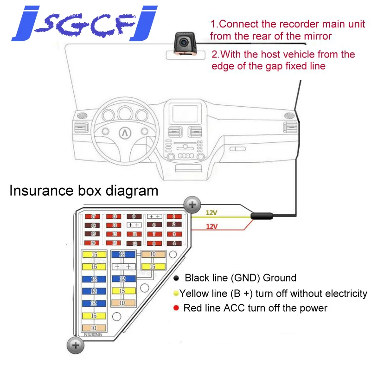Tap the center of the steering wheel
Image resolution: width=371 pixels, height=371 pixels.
(125, 132)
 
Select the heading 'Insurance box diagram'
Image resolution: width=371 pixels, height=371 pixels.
(84, 191)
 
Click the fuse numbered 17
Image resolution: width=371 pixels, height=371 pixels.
(93, 217)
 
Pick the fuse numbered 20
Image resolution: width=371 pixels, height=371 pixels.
(93, 243)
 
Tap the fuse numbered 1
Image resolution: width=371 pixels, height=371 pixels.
(174, 217)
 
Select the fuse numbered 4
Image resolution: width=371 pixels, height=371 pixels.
(174, 243)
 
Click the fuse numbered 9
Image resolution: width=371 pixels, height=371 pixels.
(134, 217)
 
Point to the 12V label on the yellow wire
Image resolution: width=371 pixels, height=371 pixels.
(211, 213)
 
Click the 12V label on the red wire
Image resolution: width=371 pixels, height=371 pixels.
(211, 227)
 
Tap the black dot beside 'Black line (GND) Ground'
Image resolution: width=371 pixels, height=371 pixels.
(176, 279)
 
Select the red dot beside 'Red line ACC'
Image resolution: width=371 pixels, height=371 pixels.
(176, 308)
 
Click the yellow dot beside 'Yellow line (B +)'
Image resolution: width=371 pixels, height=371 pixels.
(176, 294)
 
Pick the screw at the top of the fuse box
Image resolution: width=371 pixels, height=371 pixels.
(192, 205)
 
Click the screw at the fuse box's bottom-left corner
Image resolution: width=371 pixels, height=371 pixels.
(76, 345)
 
